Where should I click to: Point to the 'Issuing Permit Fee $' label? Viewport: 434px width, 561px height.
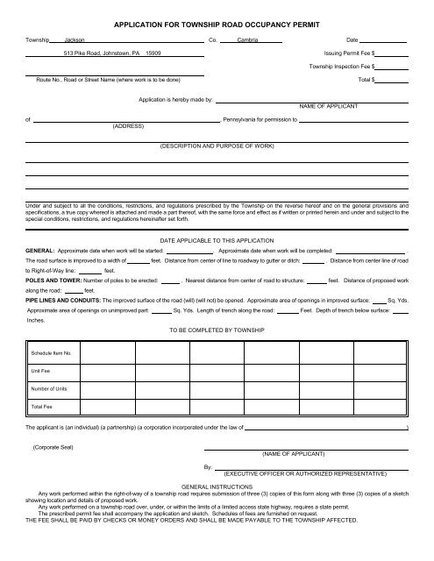(x=350, y=53)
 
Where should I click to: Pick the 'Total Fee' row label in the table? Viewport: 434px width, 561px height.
(x=42, y=407)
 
